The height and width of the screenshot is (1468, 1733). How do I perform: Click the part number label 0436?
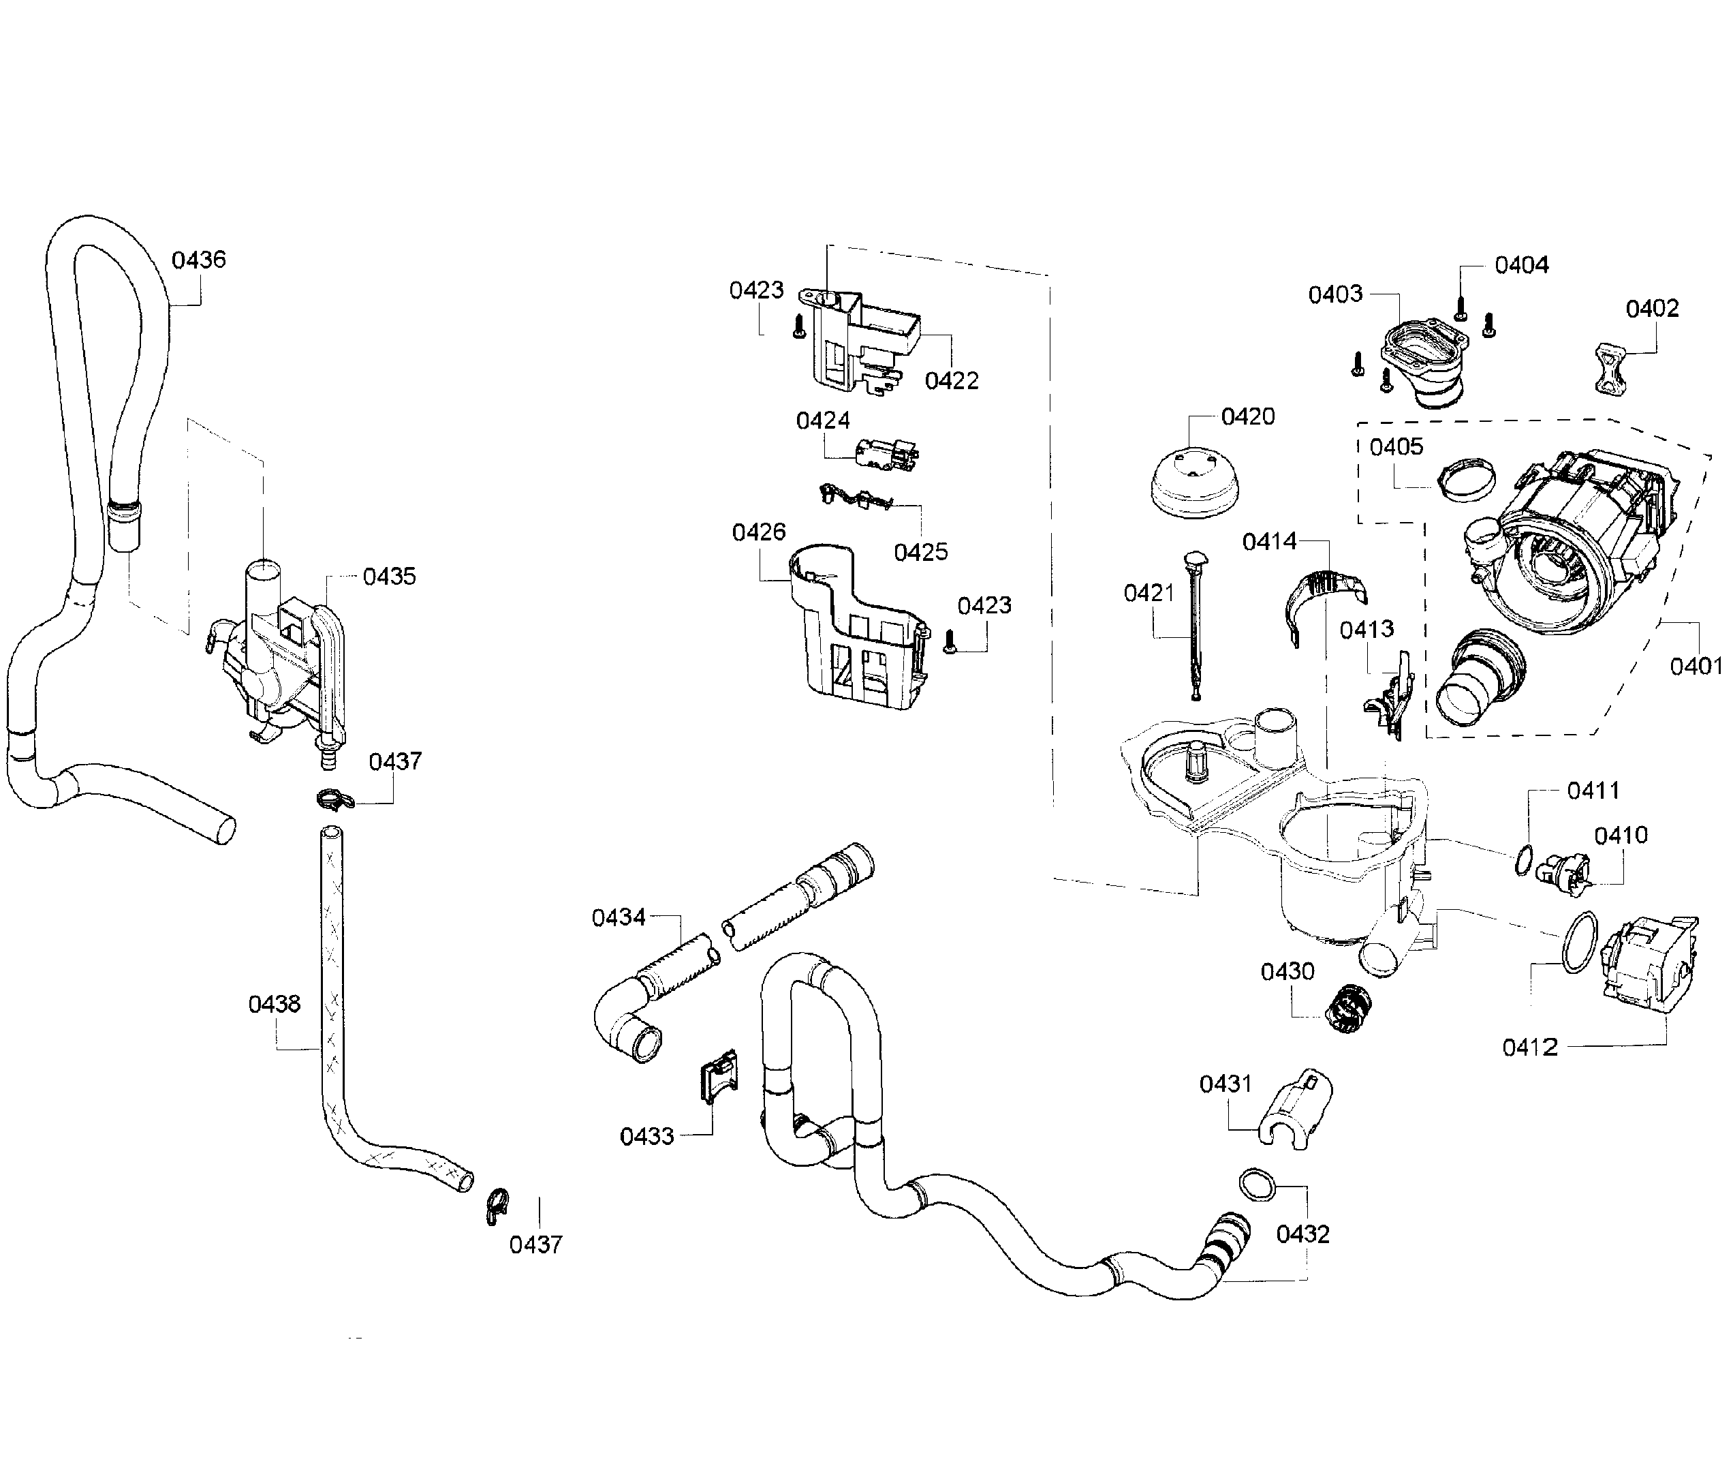198,260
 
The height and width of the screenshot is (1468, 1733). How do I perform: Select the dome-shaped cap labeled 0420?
1195,485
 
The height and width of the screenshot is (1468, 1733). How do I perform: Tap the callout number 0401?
1696,666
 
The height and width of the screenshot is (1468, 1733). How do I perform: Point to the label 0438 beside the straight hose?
274,1005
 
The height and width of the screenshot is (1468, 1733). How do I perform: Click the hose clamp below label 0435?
335,799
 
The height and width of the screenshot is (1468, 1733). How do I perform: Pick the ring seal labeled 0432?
1256,1184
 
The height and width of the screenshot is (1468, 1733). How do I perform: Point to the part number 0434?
618,918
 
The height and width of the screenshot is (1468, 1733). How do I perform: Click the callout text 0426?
758,532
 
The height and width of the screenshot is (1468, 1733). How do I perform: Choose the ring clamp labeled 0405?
1467,482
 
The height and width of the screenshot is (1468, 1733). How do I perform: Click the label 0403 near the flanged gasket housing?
1335,294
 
